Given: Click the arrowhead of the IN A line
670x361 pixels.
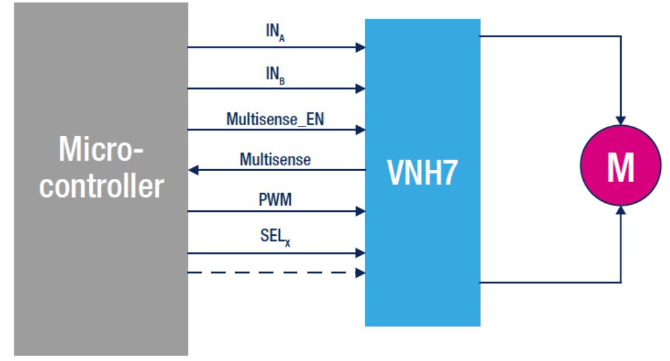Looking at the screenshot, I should (x=360, y=47).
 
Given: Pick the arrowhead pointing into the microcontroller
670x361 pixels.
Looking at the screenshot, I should (x=193, y=171).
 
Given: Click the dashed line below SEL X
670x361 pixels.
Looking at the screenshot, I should (x=269, y=272).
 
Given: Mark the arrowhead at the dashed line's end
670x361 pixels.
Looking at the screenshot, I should (x=360, y=272).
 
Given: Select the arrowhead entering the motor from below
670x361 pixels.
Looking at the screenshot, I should (x=621, y=211).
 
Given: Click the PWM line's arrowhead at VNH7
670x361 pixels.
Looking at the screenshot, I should (x=360, y=212).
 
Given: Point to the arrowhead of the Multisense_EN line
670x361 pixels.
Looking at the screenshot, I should (x=360, y=129).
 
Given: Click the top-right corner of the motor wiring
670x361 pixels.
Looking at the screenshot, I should (x=621, y=36).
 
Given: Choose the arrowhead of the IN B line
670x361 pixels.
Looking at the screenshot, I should (x=360, y=89).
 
